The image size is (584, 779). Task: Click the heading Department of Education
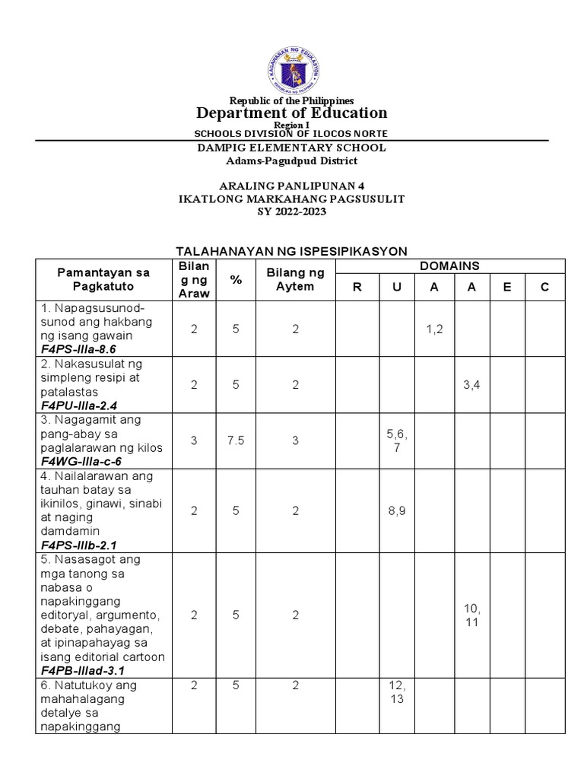coord(292,113)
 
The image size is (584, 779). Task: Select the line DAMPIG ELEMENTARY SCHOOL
coord(292,148)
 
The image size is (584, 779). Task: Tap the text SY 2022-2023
coord(292,212)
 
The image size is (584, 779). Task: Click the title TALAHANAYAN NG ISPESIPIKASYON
coord(292,250)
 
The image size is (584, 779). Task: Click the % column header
coord(236,279)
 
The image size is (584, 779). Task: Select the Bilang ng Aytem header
coord(295,279)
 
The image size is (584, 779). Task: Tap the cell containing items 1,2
coord(434,328)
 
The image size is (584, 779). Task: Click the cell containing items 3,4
coord(471,385)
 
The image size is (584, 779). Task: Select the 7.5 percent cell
coord(236,441)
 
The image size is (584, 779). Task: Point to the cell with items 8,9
coord(396,511)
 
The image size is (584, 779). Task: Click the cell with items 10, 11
coord(471,615)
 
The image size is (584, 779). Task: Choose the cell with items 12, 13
coord(396,692)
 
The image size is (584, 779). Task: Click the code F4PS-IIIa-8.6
coord(78,349)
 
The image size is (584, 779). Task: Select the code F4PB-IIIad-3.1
coord(84,670)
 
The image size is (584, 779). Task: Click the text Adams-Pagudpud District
coord(292,161)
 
